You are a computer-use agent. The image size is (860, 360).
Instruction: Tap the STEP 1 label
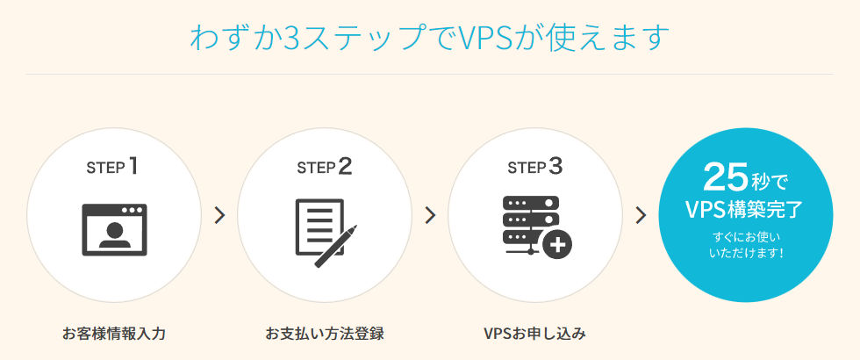tap(112, 166)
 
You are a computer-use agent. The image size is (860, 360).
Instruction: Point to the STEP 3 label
tap(534, 167)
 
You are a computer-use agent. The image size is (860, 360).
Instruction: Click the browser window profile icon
tap(114, 230)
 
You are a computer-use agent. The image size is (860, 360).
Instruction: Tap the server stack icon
tap(530, 225)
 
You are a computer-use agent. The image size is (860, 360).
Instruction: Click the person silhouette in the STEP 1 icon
tap(113, 235)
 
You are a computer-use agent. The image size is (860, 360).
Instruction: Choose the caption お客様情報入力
tap(114, 334)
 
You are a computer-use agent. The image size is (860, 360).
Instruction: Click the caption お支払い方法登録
tap(325, 334)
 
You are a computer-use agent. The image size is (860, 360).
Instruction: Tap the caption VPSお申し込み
tap(534, 334)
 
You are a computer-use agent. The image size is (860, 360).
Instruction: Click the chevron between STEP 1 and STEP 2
tap(219, 215)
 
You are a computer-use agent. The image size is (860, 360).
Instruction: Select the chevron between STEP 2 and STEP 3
tap(430, 215)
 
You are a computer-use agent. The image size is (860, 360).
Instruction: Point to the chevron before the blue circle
tap(641, 215)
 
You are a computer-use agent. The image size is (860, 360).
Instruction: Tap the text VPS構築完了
tap(744, 211)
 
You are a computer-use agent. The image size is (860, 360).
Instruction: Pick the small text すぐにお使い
tap(744, 237)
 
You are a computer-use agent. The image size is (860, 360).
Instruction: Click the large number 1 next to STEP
tap(133, 165)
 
